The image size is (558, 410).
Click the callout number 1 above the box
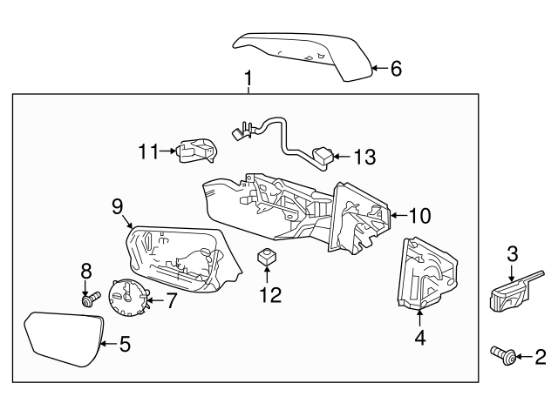pos(248,80)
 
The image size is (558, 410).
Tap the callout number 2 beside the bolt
pos(540,355)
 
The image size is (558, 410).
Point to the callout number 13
pos(364,158)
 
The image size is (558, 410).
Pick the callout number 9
pos(116,206)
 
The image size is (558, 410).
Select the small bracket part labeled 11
pos(195,151)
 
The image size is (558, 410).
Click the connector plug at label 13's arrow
pos(321,157)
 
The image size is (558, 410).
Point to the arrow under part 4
pos(420,315)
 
